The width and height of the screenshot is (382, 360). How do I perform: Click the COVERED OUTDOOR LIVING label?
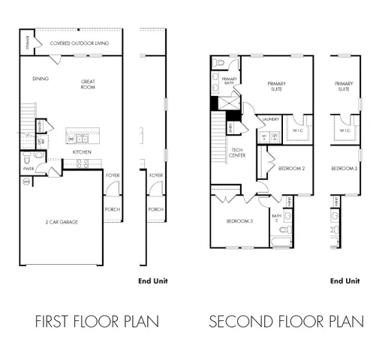(80, 43)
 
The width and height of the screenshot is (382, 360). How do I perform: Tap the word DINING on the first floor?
(41, 78)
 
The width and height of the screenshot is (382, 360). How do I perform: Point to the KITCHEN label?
(82, 152)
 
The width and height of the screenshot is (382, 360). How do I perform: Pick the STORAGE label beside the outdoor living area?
(27, 43)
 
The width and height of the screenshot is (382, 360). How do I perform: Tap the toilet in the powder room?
(28, 158)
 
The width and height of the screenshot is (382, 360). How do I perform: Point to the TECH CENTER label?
(237, 152)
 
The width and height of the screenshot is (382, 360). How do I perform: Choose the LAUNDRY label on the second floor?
(270, 119)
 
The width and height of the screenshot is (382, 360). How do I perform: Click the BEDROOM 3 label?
(239, 221)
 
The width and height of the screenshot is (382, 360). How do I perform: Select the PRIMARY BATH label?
(229, 82)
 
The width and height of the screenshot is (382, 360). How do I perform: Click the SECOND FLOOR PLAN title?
(286, 322)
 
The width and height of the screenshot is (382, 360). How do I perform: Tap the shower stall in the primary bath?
(229, 102)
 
